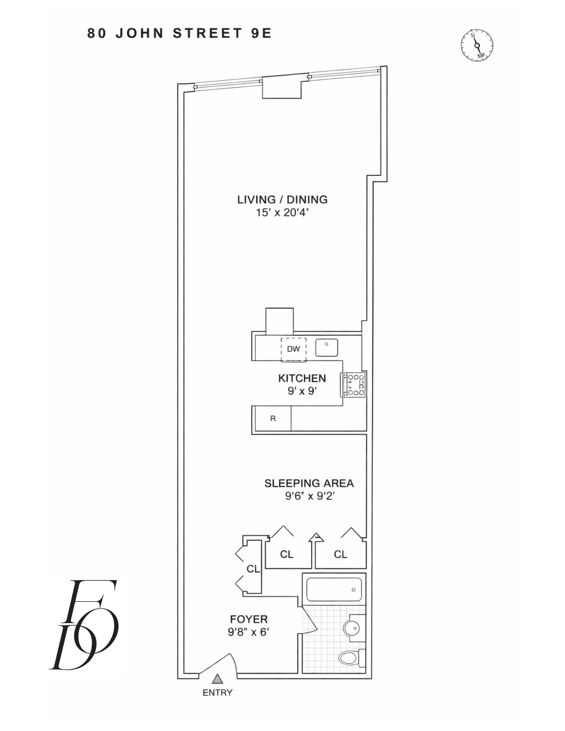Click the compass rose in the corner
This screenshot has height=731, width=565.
(x=477, y=45)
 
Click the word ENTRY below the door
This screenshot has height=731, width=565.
(x=218, y=693)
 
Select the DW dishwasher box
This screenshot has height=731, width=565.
(x=293, y=350)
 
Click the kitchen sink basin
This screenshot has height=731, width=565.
(x=327, y=348)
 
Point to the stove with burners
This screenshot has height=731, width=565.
(x=353, y=385)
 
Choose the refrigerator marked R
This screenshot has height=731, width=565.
(x=273, y=418)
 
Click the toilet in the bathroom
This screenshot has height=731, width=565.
(x=352, y=658)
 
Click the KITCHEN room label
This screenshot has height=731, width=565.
(x=302, y=378)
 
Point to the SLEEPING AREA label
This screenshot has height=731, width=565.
(x=309, y=483)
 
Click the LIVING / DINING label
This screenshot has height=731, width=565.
(x=282, y=200)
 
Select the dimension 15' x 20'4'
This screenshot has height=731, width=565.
(x=282, y=212)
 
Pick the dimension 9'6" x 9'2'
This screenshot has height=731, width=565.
(x=310, y=496)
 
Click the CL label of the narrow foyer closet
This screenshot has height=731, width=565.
(x=253, y=569)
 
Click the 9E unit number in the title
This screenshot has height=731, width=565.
(x=261, y=33)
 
